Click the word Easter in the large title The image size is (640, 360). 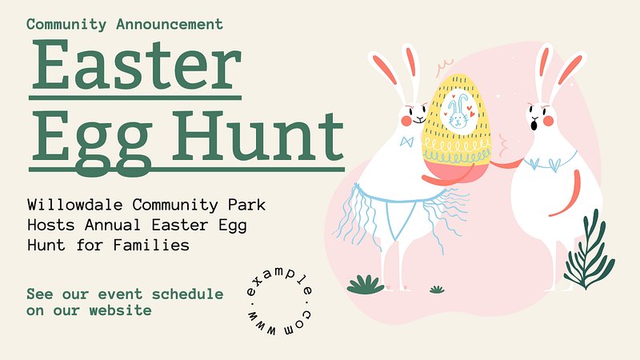point(136,65)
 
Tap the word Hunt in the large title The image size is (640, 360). point(258,136)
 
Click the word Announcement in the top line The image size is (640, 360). point(170,24)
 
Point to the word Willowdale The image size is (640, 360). point(75,205)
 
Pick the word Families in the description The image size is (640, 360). point(151,246)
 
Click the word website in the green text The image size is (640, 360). point(121,310)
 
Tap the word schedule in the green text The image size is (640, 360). point(187,294)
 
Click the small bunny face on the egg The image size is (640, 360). point(458,112)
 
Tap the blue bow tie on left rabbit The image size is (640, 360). point(407,142)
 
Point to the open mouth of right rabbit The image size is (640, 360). point(534,124)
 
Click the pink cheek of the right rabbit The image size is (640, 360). point(548,121)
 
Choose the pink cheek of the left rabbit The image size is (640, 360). point(406,121)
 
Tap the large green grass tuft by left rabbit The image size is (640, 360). point(366,285)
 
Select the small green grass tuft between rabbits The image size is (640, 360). point(437,290)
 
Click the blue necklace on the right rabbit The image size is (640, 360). point(550,162)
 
